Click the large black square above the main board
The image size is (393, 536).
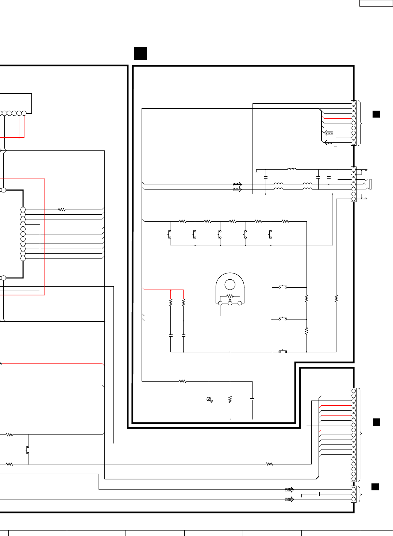[140, 53]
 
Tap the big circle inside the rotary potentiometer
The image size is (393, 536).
[230, 284]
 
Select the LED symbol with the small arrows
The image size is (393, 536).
[209, 399]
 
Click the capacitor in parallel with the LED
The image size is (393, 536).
[252, 399]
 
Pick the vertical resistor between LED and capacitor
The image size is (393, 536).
[230, 399]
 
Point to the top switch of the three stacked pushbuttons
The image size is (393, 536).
[283, 287]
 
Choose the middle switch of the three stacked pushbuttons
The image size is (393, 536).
[283, 319]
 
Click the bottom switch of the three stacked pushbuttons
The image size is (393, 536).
[283, 351]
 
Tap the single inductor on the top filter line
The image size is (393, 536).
[292, 169]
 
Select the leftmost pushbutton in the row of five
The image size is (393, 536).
[170, 234]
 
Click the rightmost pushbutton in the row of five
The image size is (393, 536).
[270, 234]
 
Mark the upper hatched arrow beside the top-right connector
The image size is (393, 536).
[329, 133]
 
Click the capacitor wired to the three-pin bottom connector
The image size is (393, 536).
[319, 494]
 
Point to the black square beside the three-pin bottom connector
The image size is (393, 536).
[375, 487]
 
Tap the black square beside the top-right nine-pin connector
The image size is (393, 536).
[376, 114]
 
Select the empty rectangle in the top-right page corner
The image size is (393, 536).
[376, 3]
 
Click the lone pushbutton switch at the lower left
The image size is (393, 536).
[28, 450]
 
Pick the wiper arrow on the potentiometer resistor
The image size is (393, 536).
[230, 299]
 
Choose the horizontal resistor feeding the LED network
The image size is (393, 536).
[182, 381]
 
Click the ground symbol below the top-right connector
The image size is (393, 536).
[336, 145]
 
